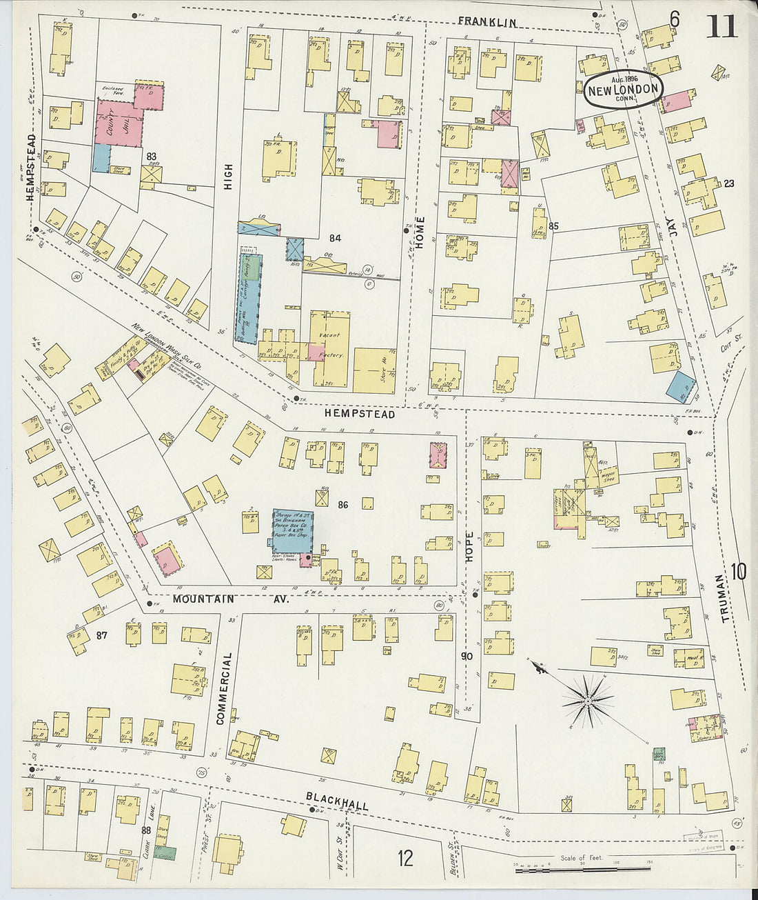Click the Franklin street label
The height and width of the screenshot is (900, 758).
(x=487, y=23)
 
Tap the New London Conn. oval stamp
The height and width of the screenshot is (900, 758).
(x=624, y=89)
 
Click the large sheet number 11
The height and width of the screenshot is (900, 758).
(x=721, y=26)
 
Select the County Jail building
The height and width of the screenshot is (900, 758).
(x=119, y=124)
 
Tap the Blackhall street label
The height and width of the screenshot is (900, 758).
(x=337, y=801)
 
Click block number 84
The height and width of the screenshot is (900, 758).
(x=335, y=239)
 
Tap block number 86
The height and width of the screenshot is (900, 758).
(x=342, y=505)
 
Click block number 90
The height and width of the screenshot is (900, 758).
(x=467, y=656)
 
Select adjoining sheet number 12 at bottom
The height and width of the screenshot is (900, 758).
(x=404, y=858)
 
